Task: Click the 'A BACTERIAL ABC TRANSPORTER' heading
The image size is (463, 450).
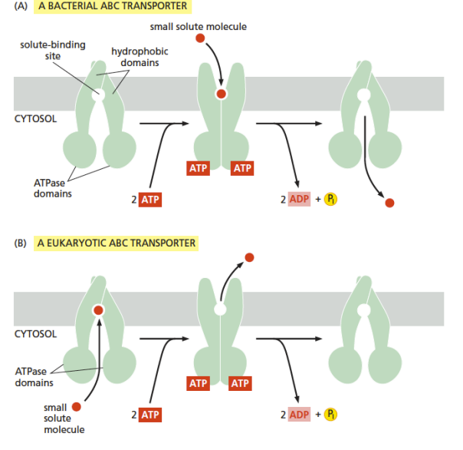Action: pos(113,6)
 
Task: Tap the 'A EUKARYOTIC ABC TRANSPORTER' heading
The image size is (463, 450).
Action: pos(117,243)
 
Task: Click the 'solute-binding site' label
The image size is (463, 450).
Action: pos(53,50)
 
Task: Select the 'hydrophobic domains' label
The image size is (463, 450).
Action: pos(140,57)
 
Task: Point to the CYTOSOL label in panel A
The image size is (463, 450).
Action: pos(35,118)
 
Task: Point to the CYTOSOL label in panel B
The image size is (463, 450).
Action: pos(35,334)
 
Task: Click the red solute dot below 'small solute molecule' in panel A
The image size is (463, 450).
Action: pos(200,38)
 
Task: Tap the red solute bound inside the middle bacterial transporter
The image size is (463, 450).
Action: pos(222,94)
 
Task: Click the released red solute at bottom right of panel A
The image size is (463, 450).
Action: pos(389,203)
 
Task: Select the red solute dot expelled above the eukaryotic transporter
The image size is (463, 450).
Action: pos(249,257)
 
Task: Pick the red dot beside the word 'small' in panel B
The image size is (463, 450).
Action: pos(77,407)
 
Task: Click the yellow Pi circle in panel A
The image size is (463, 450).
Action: pos(330,199)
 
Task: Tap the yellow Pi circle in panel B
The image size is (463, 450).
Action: pos(330,414)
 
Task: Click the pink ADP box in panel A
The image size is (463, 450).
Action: pos(299,199)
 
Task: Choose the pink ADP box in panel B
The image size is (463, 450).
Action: pos(299,414)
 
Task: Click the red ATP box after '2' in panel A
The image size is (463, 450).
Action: pos(150,200)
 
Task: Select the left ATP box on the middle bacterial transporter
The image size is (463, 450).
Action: pos(198,168)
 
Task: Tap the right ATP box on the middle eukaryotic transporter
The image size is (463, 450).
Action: pos(240,383)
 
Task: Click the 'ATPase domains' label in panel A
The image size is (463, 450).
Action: pos(53,188)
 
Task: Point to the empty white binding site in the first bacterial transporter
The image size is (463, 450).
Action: pos(98,95)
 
